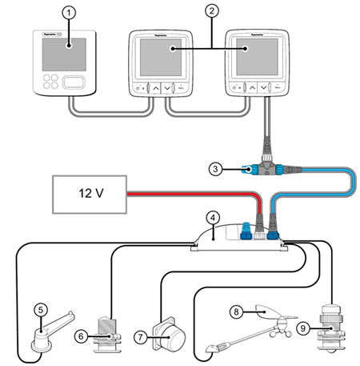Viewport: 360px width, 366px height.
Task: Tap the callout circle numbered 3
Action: [214, 168]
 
